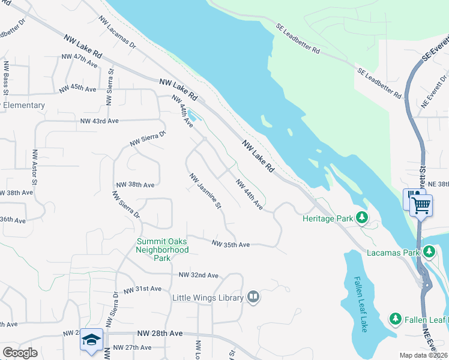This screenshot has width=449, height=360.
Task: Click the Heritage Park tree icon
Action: (362, 218)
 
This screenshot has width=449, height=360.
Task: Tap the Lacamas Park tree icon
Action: (429, 252)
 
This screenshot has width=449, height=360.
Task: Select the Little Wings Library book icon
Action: (253, 297)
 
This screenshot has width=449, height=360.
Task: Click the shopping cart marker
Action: (421, 205)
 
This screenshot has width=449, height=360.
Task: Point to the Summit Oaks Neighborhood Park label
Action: (162, 250)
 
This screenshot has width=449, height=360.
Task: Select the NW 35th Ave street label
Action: (231, 244)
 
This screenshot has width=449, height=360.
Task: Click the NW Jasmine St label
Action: (206, 191)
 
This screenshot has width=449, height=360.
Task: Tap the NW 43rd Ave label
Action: (100, 121)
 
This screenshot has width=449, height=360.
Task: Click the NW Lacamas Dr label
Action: (114, 34)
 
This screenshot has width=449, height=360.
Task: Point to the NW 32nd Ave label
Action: (199, 275)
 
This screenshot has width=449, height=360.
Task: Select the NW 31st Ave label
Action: (142, 289)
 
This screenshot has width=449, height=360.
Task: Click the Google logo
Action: (20, 353)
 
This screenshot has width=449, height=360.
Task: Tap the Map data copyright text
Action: (424, 355)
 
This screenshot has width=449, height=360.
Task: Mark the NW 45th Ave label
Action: (77, 88)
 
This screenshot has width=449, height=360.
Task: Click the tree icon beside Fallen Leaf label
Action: (395, 318)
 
